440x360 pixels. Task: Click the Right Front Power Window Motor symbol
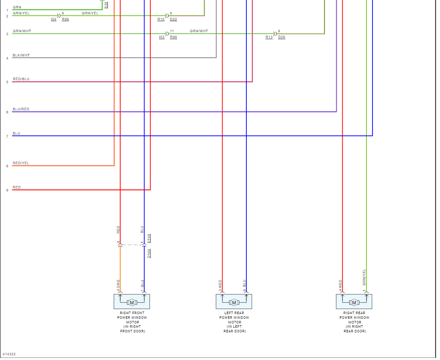[x=132, y=302]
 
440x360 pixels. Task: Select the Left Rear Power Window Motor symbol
[x=234, y=302]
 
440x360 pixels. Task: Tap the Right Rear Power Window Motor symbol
[x=354, y=302]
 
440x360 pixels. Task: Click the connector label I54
[x=54, y=20]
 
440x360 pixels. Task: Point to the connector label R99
[x=65, y=20]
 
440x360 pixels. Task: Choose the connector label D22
[x=173, y=20]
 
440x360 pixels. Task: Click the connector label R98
[x=173, y=37]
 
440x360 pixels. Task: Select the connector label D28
[x=282, y=37]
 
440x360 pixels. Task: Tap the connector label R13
[x=269, y=37]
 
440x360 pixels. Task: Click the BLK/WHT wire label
[x=21, y=55]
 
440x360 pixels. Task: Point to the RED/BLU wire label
[x=21, y=79]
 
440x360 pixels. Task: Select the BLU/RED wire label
[x=21, y=109]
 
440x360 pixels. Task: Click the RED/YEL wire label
[x=21, y=163]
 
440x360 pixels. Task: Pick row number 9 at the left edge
[x=7, y=190]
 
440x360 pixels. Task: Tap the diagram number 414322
[x=9, y=354]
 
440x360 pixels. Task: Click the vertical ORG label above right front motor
[x=118, y=283]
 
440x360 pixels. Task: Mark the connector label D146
[x=149, y=238]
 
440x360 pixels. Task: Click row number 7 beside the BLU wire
[x=7, y=136]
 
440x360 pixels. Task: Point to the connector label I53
[x=161, y=37]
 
